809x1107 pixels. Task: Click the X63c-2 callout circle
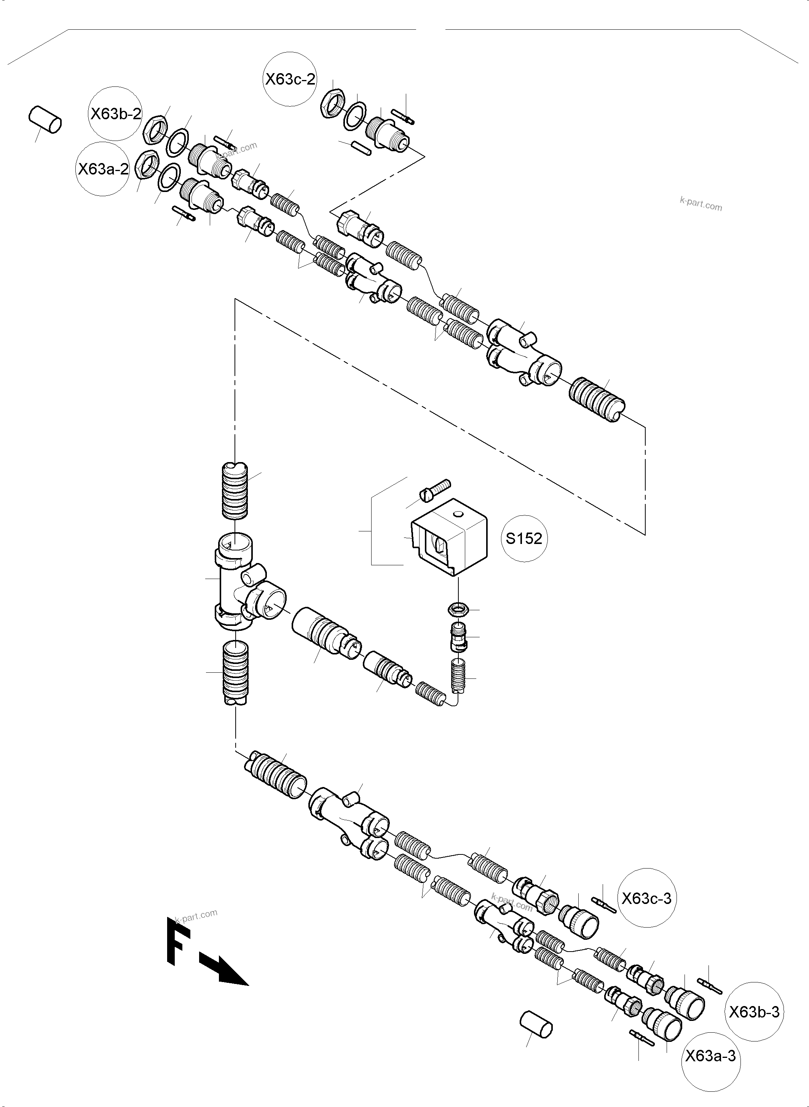point(290,79)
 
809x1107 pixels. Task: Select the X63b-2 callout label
point(116,114)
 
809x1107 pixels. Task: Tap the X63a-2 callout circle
point(103,169)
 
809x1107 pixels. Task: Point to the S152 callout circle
point(523,539)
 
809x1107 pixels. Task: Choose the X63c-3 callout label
point(646,898)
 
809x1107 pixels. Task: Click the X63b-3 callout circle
point(754,1011)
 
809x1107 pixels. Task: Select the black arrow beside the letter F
point(224,970)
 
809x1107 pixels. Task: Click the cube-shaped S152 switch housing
point(450,538)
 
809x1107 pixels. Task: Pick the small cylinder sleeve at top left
point(45,120)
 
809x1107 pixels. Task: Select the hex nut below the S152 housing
point(459,609)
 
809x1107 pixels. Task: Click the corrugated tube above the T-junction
point(235,490)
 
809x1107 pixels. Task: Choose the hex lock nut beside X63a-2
point(145,164)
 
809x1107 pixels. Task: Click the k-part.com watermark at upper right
point(701,204)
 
